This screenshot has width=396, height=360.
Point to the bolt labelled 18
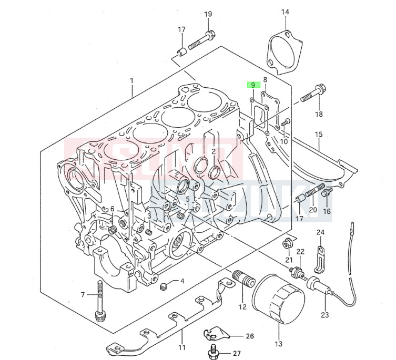(x=312, y=95)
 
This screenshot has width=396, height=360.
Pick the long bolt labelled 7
(x=99, y=302)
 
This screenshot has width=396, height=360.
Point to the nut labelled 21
(x=287, y=243)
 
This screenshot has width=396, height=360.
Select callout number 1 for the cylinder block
(x=131, y=81)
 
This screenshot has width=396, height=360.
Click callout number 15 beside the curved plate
(x=318, y=135)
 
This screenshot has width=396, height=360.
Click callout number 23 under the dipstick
(x=324, y=315)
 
